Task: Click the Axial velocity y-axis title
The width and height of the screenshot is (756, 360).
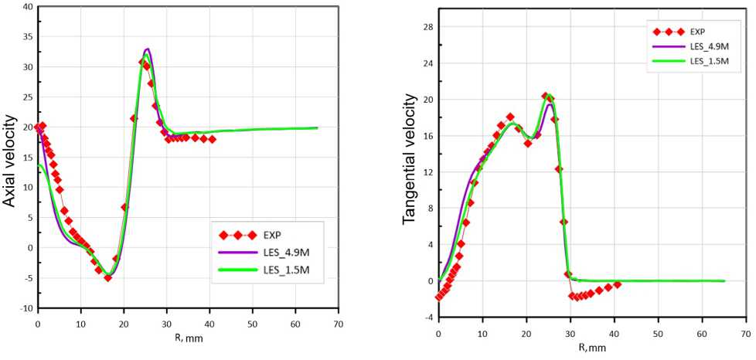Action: click(10, 160)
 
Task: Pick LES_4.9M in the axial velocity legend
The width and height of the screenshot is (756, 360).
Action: click(288, 252)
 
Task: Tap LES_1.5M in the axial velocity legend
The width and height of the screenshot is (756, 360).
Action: click(288, 270)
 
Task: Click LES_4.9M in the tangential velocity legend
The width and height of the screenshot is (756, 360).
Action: click(708, 46)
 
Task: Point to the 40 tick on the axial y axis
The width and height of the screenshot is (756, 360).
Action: click(28, 7)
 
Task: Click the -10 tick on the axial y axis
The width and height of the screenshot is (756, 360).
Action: click(26, 308)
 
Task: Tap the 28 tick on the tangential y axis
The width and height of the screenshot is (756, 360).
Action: click(424, 27)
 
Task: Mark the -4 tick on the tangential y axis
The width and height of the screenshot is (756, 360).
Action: click(427, 318)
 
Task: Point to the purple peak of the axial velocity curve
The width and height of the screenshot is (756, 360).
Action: click(147, 49)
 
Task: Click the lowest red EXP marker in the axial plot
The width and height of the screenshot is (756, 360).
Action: click(107, 277)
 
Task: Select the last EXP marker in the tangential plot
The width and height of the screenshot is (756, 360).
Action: click(617, 284)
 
